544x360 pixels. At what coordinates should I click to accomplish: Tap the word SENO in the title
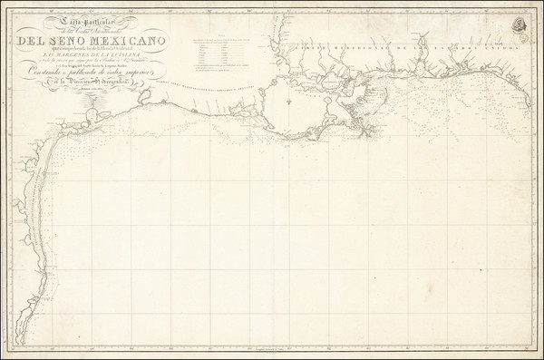74,40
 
